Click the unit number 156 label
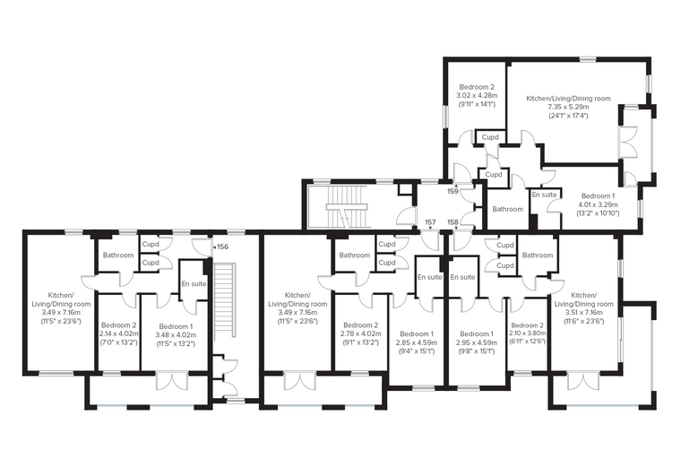[222, 247]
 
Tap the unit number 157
[430, 222]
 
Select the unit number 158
[453, 222]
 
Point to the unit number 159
[453, 191]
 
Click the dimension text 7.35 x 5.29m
[568, 107]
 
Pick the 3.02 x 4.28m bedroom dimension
[477, 95]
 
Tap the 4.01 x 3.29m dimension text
[598, 204]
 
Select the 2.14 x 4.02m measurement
[118, 333]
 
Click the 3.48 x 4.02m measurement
[176, 335]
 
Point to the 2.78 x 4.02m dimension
[360, 333]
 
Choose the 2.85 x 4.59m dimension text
[416, 342]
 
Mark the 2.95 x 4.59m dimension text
[477, 342]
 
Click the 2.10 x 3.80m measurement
[527, 333]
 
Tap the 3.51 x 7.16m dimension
[583, 313]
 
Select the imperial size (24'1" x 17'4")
[568, 116]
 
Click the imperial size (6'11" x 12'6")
[527, 342]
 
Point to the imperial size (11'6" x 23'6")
[583, 321]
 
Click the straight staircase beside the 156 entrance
[225, 299]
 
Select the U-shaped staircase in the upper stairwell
[347, 207]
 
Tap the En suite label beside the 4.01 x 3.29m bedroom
[544, 195]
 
